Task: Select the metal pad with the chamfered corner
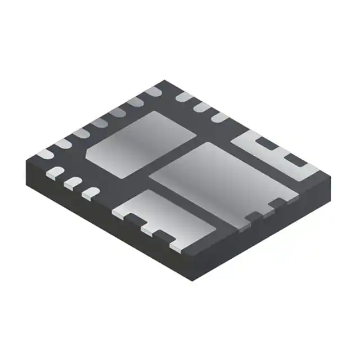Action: [141, 143]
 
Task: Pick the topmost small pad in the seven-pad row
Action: [152, 92]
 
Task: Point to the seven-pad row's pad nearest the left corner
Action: [46, 152]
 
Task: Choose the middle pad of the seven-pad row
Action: [100, 122]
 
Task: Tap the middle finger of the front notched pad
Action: [147, 229]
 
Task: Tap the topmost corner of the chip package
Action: [163, 80]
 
